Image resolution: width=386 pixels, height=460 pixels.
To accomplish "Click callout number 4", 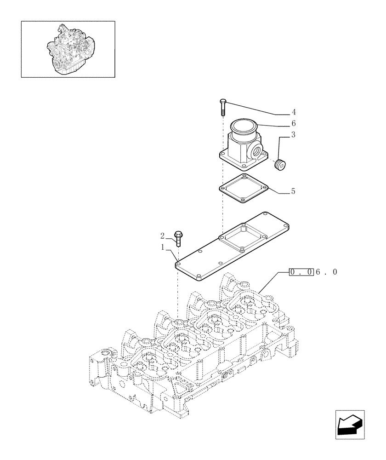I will (x=293, y=112).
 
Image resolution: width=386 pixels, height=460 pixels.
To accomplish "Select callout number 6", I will (x=293, y=123).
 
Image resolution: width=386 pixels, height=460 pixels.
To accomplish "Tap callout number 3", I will (x=293, y=135).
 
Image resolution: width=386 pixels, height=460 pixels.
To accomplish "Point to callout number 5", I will (x=293, y=191).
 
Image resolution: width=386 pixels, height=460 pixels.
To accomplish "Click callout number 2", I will (x=162, y=236).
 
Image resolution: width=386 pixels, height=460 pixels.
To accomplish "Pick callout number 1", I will (x=162, y=247).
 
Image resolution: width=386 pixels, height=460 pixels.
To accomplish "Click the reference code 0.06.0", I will (x=313, y=272).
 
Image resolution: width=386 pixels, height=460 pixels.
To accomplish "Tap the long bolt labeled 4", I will (x=223, y=108).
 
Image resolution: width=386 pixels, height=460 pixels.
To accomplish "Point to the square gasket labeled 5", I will (x=244, y=189).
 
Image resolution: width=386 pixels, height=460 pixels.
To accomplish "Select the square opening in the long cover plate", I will (x=243, y=236).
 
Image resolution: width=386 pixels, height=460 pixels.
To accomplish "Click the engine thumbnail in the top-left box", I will (x=68, y=49).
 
